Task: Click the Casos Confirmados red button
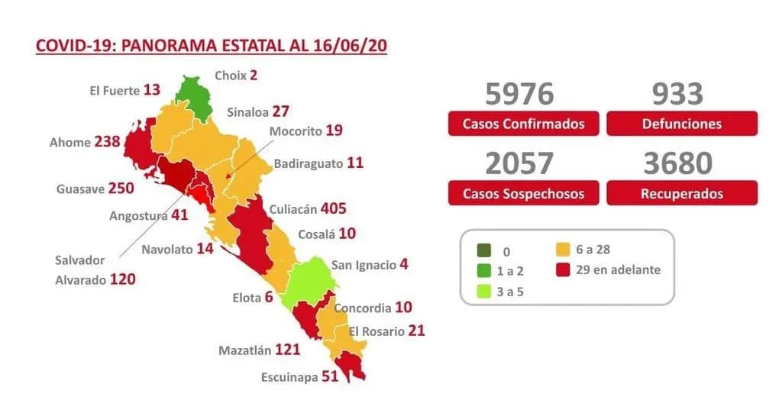(x=523, y=124)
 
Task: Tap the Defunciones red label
(x=682, y=124)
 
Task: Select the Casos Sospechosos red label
(x=523, y=194)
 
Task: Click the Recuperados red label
(x=682, y=194)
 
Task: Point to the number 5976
(x=519, y=94)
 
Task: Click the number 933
(x=677, y=94)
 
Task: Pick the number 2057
(x=519, y=163)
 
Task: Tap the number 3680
(x=677, y=163)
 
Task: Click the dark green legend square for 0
(x=483, y=250)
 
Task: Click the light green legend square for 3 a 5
(x=483, y=290)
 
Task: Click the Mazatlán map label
(x=245, y=350)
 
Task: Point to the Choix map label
(x=230, y=75)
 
